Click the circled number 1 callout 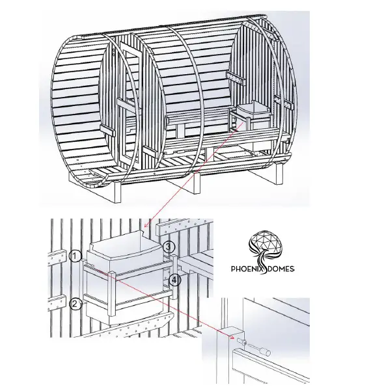point(76,255)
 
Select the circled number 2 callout point(76,302)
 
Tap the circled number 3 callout point(168,247)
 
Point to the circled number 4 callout point(174,280)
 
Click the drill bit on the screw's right point(264,349)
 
